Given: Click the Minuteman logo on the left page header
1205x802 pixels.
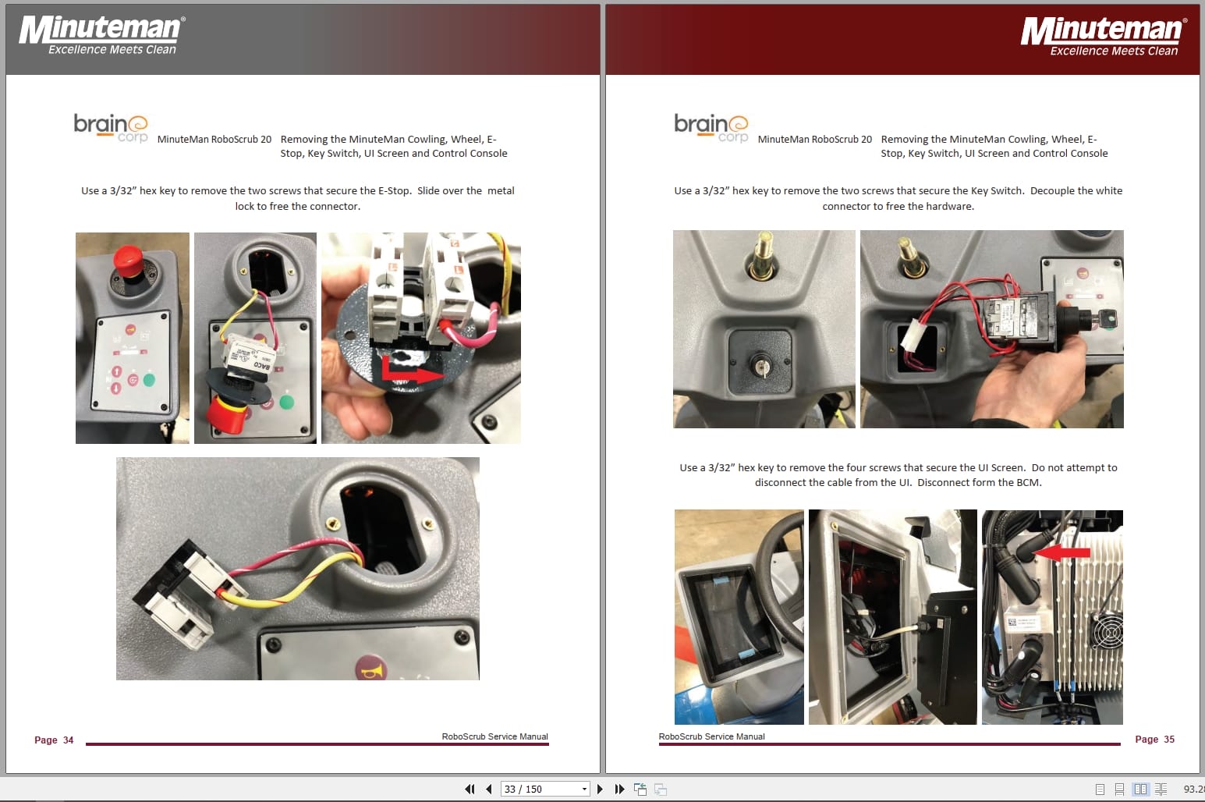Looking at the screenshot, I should [101, 35].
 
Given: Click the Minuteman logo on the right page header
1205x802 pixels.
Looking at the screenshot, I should [1103, 36].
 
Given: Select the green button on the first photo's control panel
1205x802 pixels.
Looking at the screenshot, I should [149, 380].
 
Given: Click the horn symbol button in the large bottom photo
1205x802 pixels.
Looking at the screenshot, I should [371, 669].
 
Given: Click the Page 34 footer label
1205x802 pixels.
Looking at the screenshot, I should [54, 740].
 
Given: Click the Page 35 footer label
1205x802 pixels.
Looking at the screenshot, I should [1154, 739].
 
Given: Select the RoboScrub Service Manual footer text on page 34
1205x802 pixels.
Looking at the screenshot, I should [494, 736].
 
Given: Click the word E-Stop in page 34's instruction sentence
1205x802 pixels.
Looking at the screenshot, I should [394, 190].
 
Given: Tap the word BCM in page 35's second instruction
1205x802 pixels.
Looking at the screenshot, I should [1028, 482].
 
